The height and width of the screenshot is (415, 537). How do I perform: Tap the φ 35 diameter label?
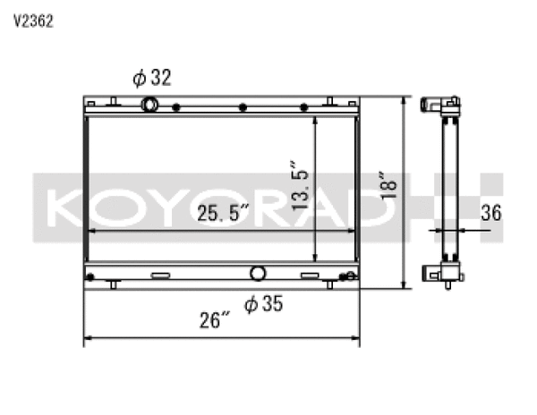pos(263,304)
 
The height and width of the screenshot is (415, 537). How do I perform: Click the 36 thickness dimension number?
pos(490,212)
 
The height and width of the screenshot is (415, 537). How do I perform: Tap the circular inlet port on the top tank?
pos(150,105)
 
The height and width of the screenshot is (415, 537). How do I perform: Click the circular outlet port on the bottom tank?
pos(258,273)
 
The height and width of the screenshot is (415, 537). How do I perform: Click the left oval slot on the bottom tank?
pos(160,275)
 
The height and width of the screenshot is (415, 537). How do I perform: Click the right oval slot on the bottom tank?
pos(310,275)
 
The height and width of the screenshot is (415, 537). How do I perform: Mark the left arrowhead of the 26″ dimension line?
pos(88,340)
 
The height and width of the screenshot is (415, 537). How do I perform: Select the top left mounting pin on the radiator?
pos(114,98)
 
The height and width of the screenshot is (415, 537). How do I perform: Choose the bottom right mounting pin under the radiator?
pos(329,284)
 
